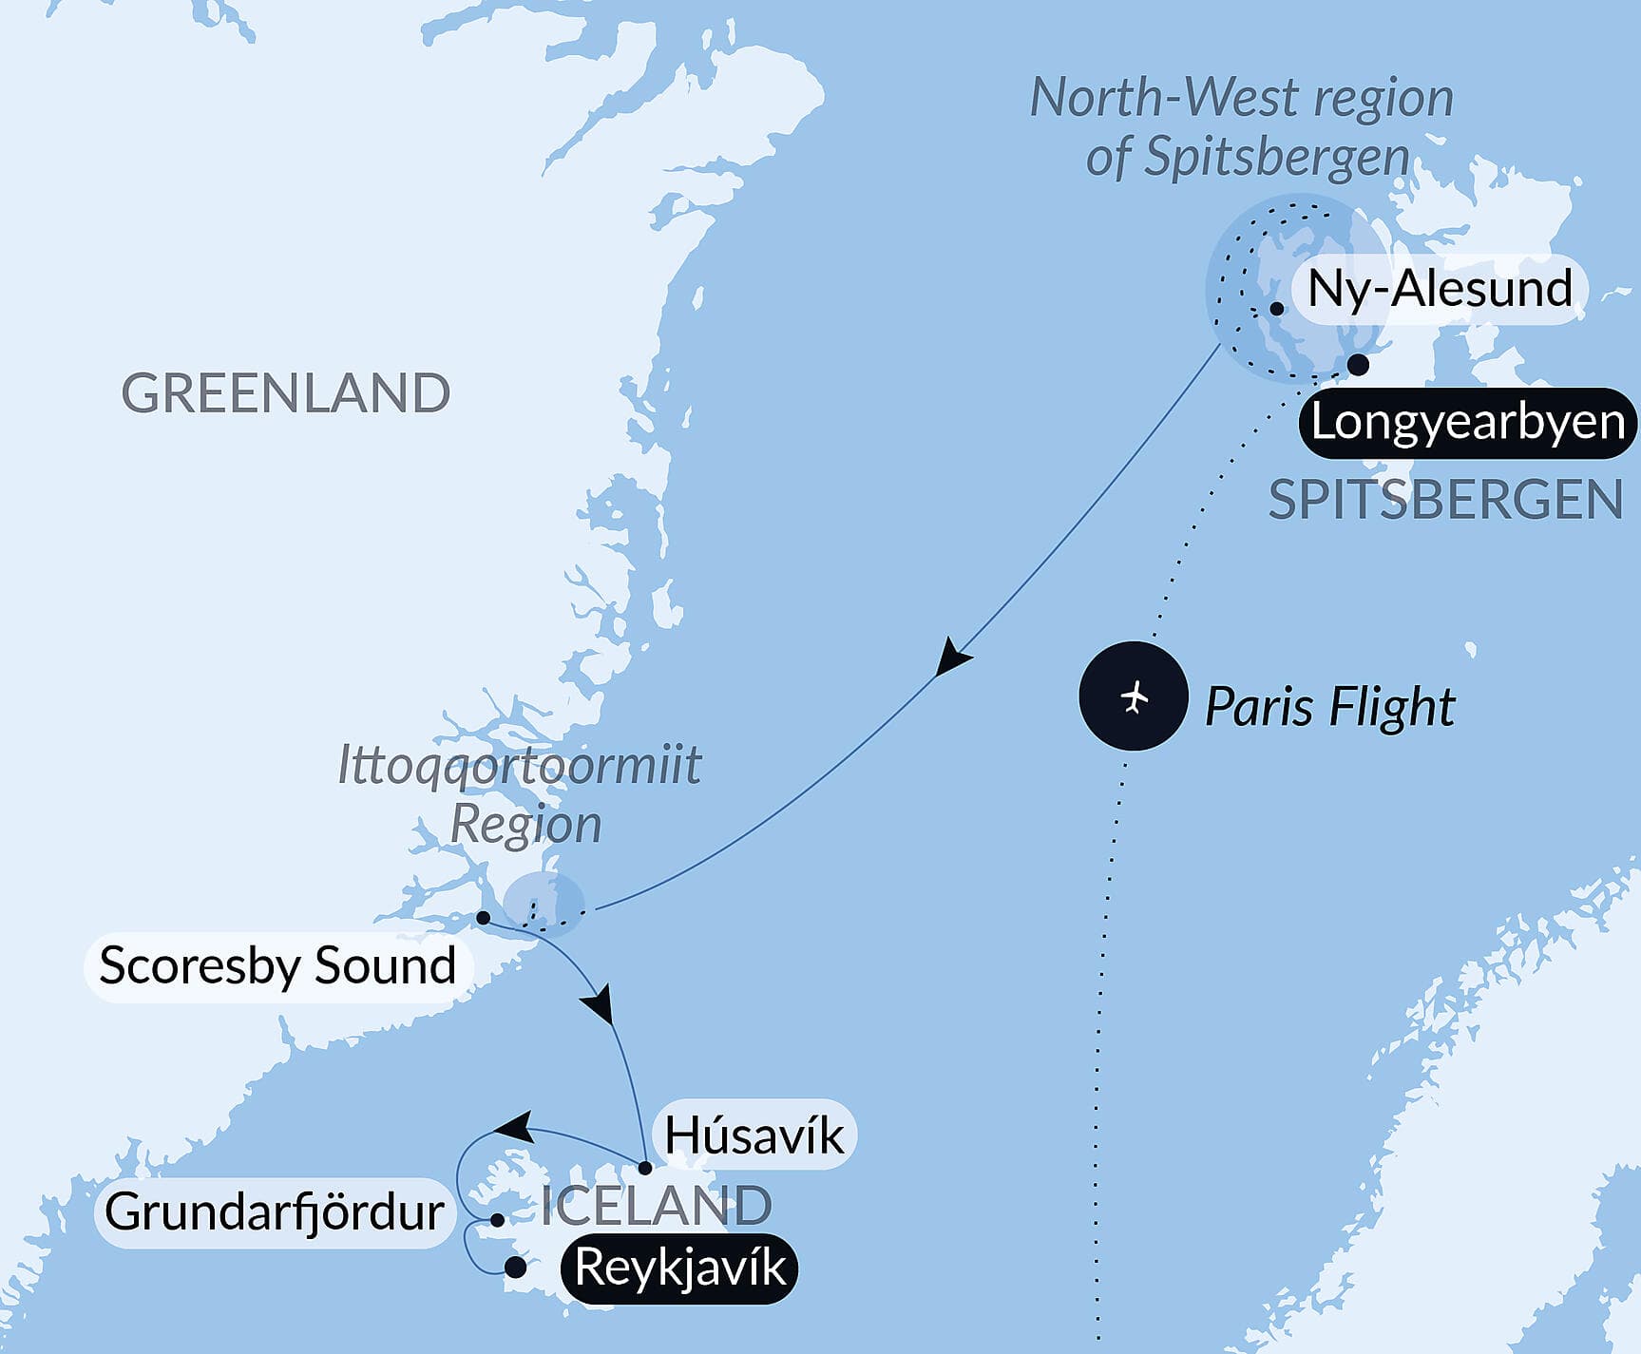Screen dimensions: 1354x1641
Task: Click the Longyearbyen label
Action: pos(1467,422)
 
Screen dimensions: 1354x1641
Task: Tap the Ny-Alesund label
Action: pos(1439,289)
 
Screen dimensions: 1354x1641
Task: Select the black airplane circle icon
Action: pos(1134,696)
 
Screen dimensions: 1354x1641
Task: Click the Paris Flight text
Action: pos(1329,707)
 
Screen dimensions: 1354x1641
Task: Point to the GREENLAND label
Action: pos(285,392)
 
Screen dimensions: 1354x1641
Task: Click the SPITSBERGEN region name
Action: pos(1444,499)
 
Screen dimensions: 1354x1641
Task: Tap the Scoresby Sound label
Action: pos(277,965)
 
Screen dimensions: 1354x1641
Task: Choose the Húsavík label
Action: pos(754,1135)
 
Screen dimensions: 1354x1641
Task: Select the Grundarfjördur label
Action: pos(275,1211)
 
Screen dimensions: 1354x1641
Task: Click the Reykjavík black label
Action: pos(680,1268)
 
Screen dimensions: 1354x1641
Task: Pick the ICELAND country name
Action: pos(656,1206)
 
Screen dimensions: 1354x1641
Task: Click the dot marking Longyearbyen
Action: pos(1359,364)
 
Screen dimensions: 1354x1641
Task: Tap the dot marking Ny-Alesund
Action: pos(1277,309)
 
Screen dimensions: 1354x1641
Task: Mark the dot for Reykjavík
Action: pos(516,1267)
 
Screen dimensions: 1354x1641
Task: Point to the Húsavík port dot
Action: pos(644,1168)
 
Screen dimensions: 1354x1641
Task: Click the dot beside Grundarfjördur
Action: pos(497,1220)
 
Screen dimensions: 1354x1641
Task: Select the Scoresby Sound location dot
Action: pos(483,918)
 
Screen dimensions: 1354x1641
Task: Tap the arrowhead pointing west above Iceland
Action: pos(513,1127)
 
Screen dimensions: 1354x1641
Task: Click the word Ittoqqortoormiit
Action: pos(519,766)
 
